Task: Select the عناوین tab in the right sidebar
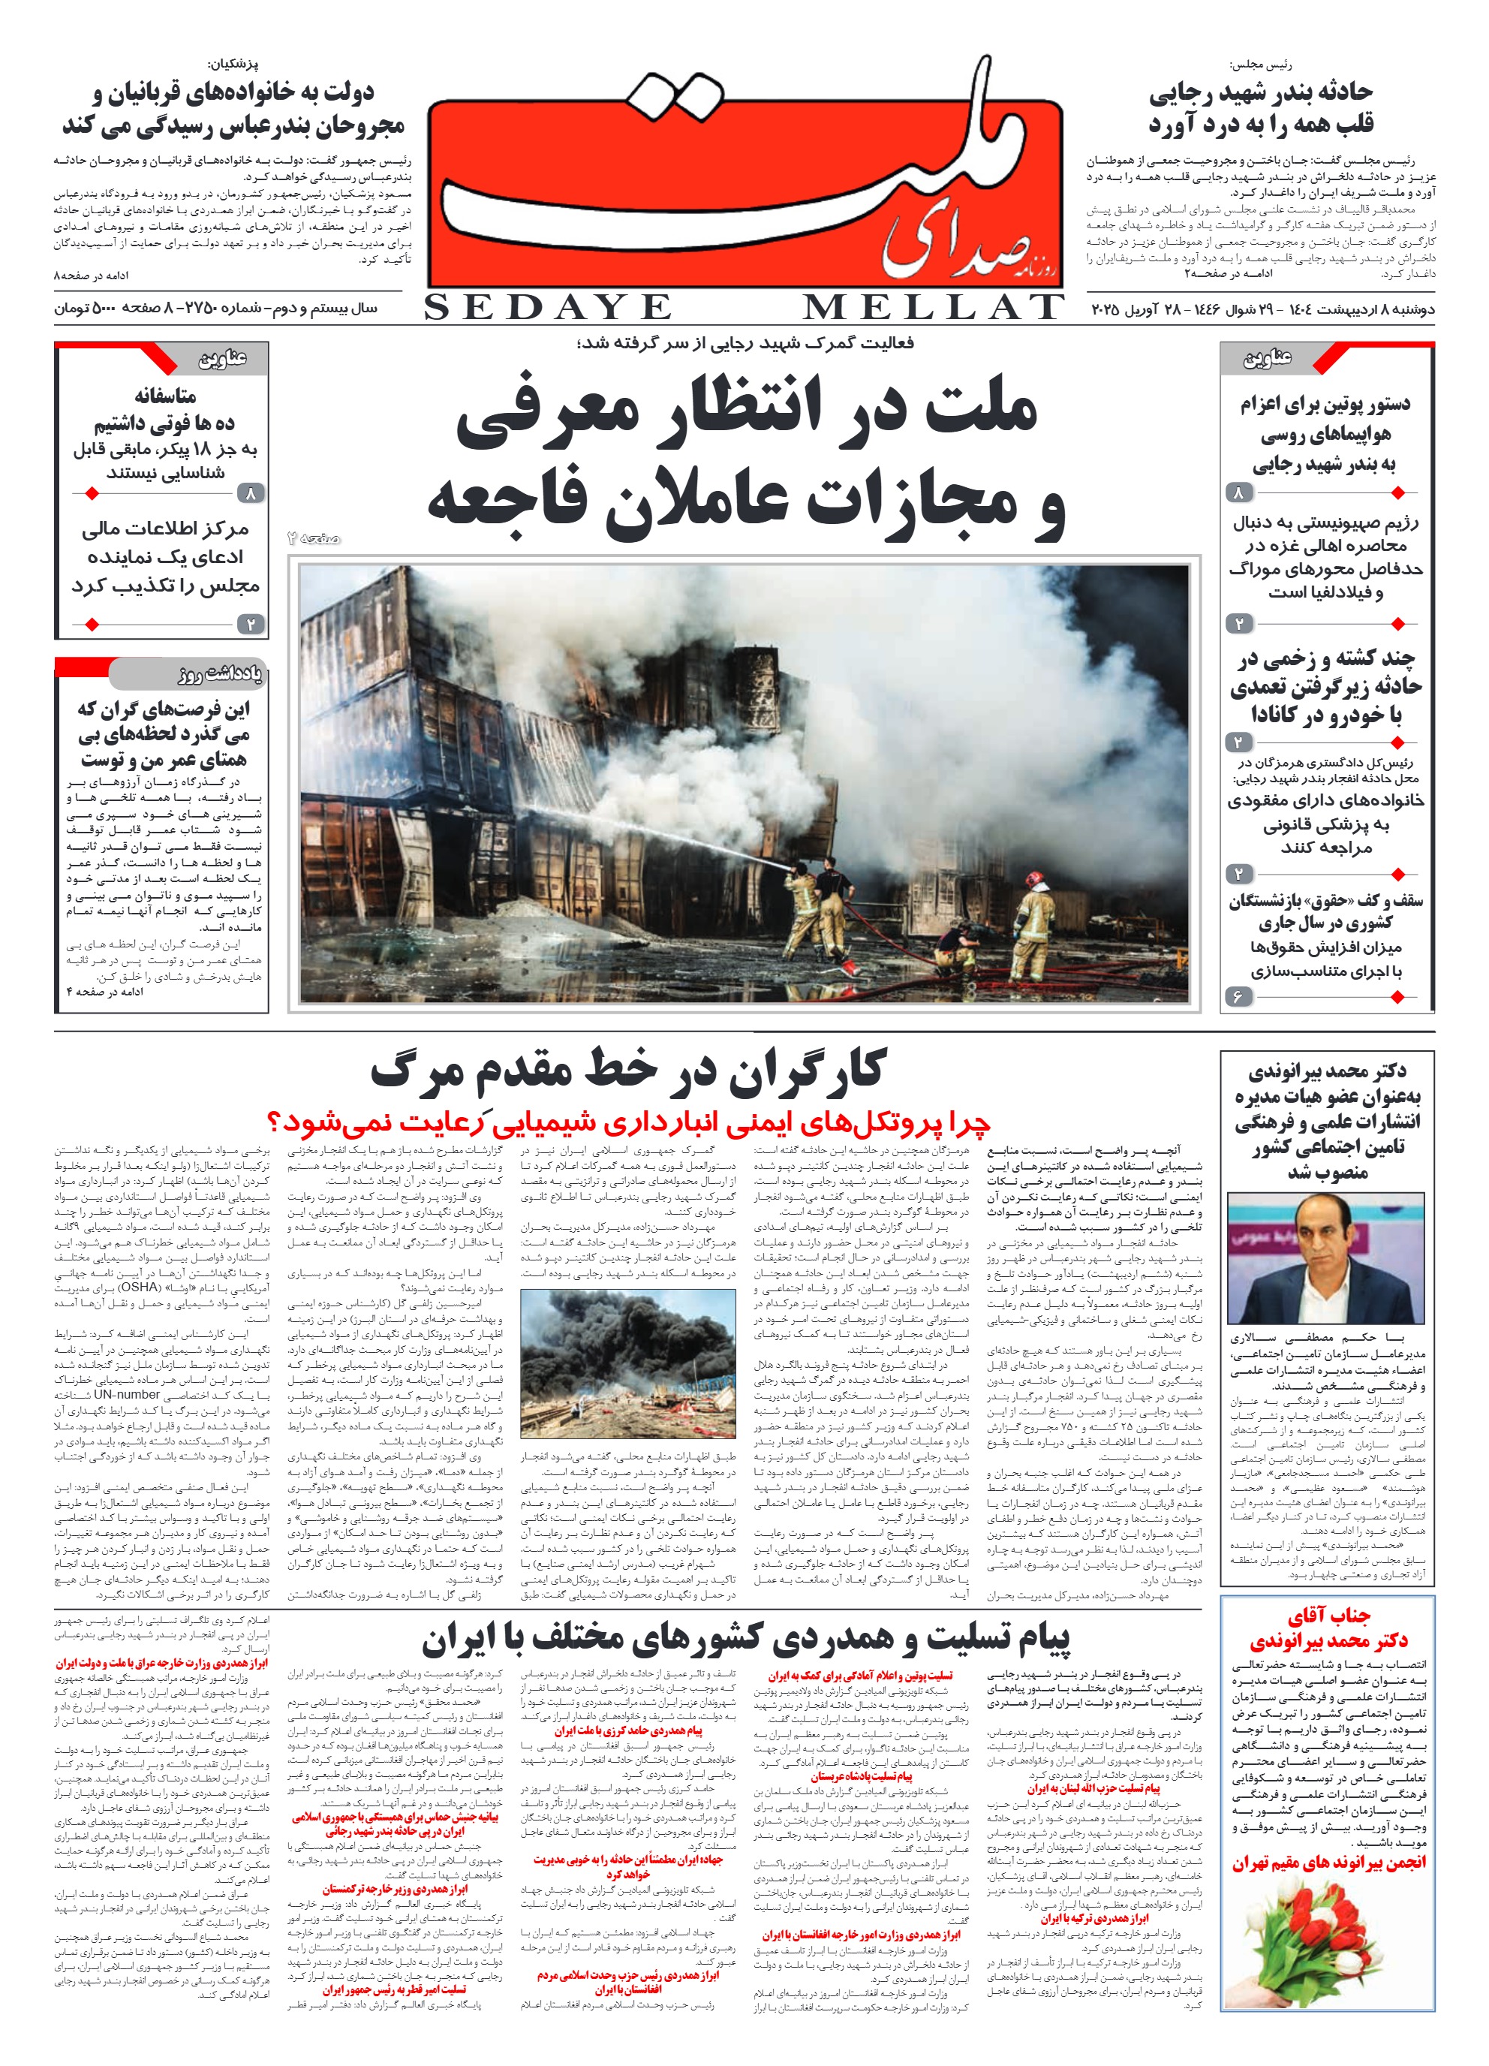(x=1267, y=358)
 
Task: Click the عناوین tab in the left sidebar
(x=221, y=358)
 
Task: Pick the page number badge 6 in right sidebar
(x=1237, y=995)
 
